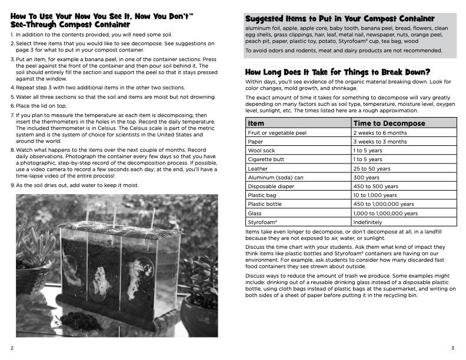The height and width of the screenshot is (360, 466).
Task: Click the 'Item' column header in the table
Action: (x=257, y=124)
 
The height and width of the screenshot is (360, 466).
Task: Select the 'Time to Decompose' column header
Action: (x=389, y=124)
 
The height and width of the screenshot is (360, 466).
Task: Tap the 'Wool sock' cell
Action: (x=262, y=151)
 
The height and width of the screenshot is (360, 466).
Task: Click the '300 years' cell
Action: (x=367, y=177)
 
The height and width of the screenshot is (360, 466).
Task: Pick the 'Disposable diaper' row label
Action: (x=271, y=186)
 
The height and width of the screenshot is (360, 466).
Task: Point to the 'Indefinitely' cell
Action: (x=368, y=222)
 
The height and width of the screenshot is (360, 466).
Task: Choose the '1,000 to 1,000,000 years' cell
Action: (x=385, y=214)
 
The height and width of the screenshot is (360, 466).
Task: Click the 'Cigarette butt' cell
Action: (x=266, y=159)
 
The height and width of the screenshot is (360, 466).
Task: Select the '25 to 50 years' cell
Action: (x=372, y=168)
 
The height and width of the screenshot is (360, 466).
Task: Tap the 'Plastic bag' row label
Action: (x=262, y=195)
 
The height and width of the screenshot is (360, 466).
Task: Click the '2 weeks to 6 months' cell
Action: (x=380, y=133)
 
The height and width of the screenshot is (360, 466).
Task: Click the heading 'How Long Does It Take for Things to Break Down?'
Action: (x=338, y=72)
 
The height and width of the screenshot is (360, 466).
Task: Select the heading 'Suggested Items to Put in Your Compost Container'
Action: (x=340, y=19)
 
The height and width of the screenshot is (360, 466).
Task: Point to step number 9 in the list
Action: (x=12, y=185)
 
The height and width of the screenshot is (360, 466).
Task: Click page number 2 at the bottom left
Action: (x=12, y=348)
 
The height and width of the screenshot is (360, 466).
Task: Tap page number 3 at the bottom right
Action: (x=452, y=348)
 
